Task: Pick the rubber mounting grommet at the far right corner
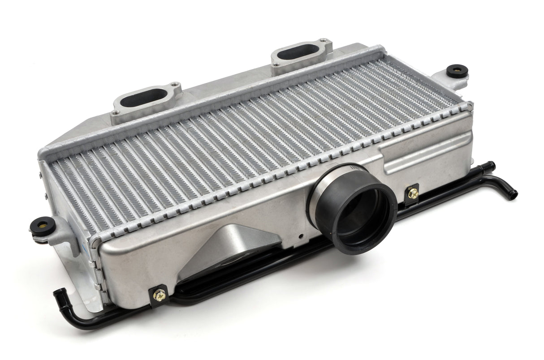point(457,71)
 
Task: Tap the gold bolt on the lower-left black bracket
point(159,294)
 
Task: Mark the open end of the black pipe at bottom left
point(57,294)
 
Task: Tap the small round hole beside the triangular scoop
point(301,236)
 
